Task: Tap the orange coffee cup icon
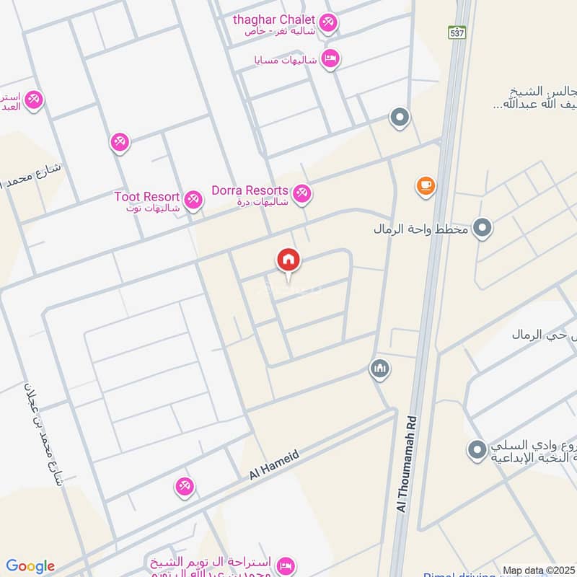tap(426, 186)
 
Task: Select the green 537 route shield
tap(457, 32)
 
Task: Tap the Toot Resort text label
tap(146, 196)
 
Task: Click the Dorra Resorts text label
tap(250, 191)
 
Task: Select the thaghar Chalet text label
tap(274, 19)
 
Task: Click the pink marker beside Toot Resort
tap(193, 200)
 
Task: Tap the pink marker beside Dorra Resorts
tap(301, 193)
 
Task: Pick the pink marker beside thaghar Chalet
tap(328, 23)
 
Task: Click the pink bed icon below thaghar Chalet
tap(330, 58)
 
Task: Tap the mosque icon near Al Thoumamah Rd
tap(380, 370)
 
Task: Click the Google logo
tap(30, 566)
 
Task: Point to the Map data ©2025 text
tap(539, 571)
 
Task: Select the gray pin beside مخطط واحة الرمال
tap(483, 229)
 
